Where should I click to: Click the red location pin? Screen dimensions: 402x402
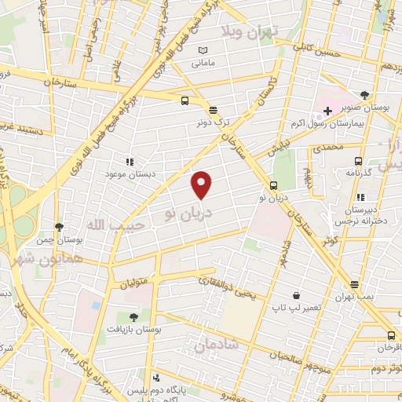[203, 184]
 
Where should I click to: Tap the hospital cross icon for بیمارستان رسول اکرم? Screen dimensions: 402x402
[327, 111]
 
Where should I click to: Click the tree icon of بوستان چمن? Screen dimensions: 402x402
[59, 226]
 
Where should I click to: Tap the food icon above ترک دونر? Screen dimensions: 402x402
[214, 109]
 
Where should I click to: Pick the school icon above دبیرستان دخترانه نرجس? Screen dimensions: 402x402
[360, 198]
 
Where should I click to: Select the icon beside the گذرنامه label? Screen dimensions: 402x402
[351, 170]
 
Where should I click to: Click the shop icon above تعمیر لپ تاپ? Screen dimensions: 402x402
[294, 295]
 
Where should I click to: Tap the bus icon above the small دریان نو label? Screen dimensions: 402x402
[273, 185]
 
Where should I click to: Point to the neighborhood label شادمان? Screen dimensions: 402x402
[213, 344]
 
